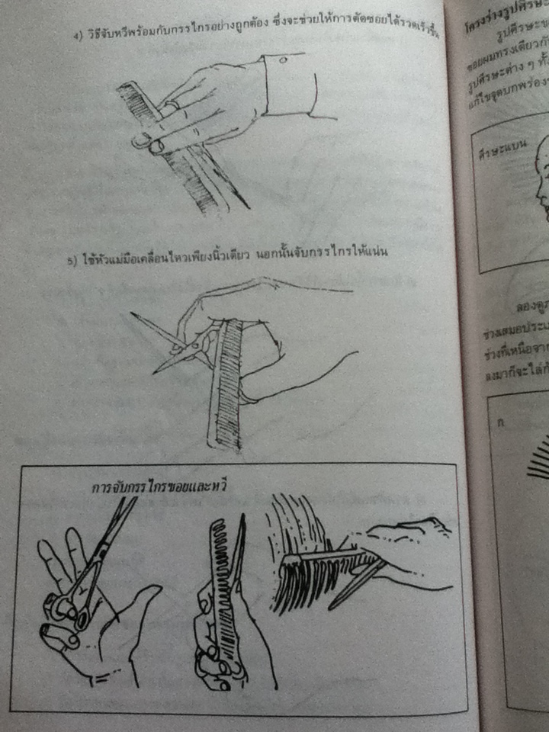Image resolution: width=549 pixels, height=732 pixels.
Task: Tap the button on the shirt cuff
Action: pyautogui.click(x=281, y=59)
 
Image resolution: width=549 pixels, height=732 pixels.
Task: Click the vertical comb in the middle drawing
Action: pyautogui.click(x=226, y=381)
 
